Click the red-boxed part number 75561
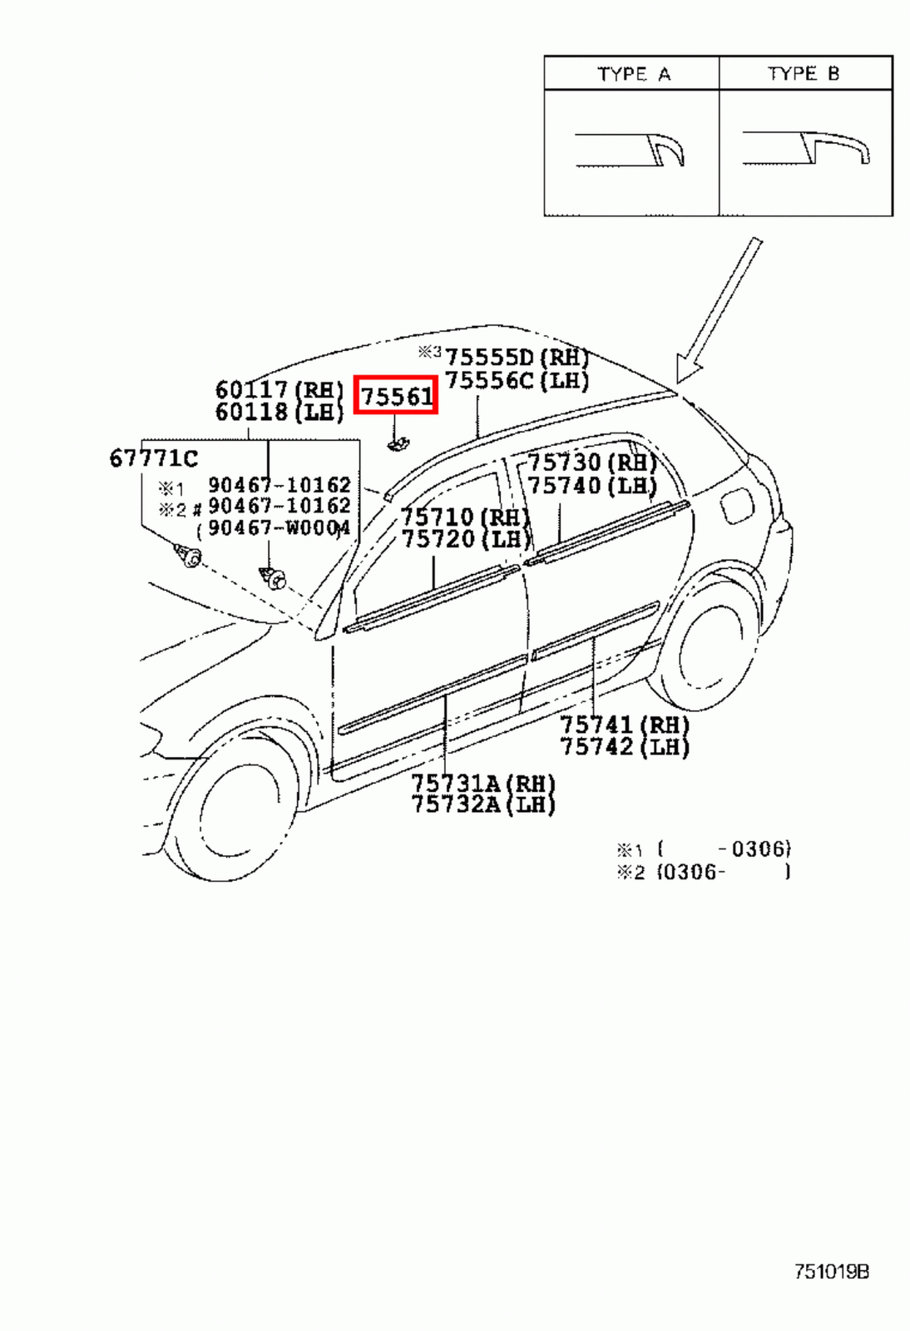(x=396, y=395)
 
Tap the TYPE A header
(x=633, y=74)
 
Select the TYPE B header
(x=804, y=74)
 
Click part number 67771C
(x=154, y=458)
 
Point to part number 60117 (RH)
(x=279, y=389)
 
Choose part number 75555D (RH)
(x=516, y=357)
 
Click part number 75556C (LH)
(x=516, y=380)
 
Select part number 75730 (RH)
(x=591, y=462)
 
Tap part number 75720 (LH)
(x=466, y=539)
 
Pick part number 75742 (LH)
(x=624, y=747)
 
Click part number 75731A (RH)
(x=482, y=783)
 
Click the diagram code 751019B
(x=831, y=1272)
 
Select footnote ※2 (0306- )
(x=703, y=872)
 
